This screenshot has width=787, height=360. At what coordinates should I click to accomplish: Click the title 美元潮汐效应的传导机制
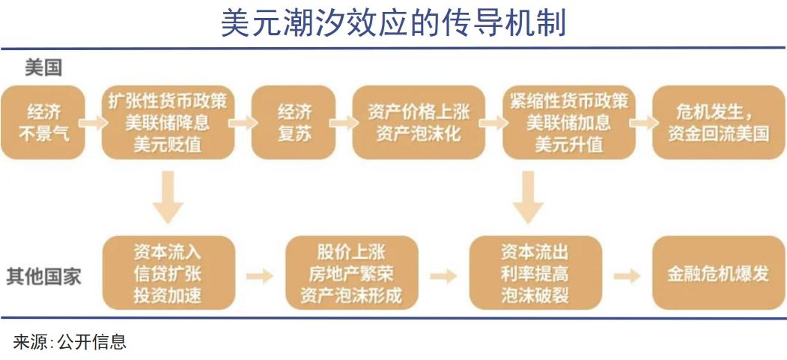point(394,23)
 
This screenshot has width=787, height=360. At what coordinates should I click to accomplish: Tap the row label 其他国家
point(43,276)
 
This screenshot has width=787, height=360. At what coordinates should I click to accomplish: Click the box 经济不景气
point(43,122)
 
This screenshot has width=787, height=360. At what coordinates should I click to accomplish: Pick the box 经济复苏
point(294,122)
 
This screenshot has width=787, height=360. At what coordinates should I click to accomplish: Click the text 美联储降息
point(168,123)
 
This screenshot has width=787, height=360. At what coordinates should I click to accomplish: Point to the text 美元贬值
point(168,145)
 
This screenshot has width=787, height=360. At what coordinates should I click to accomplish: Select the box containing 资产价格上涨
point(419,122)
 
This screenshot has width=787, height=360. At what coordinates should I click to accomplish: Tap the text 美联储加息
point(568,123)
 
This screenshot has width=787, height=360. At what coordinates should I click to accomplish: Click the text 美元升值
point(568,145)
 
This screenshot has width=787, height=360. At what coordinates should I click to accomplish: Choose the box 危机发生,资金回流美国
point(719,122)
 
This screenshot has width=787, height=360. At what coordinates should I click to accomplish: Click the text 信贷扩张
point(168,274)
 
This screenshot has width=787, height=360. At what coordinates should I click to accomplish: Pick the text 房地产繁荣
point(351,274)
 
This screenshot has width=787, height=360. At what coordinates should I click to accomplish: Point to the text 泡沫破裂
point(535,296)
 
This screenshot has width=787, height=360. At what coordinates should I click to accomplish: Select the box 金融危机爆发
point(719,273)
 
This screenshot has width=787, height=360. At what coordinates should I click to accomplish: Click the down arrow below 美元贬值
point(168,197)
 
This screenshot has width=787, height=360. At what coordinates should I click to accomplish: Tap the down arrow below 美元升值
point(528,197)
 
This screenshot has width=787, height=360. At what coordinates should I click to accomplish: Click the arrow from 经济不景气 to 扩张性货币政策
point(94,122)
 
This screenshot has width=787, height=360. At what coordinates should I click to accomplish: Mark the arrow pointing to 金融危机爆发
point(628,275)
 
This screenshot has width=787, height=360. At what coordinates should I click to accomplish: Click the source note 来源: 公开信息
point(70,342)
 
